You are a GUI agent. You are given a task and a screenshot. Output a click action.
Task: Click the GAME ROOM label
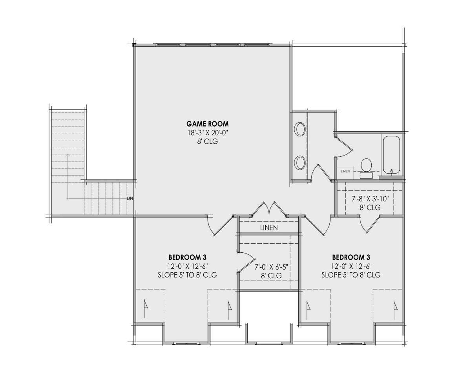(207, 124)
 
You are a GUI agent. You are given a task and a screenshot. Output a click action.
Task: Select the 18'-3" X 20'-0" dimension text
(207, 133)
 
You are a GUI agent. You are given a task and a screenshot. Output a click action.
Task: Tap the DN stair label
(130, 198)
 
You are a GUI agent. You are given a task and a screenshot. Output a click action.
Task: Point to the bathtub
(392, 155)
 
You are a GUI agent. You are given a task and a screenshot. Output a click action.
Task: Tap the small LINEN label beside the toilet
(345, 171)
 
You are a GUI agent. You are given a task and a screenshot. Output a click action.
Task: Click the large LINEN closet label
(269, 228)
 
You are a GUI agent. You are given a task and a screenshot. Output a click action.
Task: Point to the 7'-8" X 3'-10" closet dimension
(370, 199)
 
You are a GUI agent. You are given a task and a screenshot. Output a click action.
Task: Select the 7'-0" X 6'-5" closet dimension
(271, 267)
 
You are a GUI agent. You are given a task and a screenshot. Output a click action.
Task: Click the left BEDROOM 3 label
(187, 257)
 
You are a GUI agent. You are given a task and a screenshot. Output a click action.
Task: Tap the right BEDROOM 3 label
(351, 257)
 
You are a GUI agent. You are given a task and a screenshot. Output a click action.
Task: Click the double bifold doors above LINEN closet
(268, 209)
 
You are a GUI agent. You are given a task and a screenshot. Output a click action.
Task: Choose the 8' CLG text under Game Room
(207, 141)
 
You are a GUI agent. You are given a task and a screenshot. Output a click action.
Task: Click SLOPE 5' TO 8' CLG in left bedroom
(187, 275)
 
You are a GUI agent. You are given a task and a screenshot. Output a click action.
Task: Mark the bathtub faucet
(392, 171)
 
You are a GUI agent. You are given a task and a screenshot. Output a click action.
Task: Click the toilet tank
(366, 176)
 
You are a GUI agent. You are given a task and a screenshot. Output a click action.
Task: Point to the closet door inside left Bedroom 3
(246, 262)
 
